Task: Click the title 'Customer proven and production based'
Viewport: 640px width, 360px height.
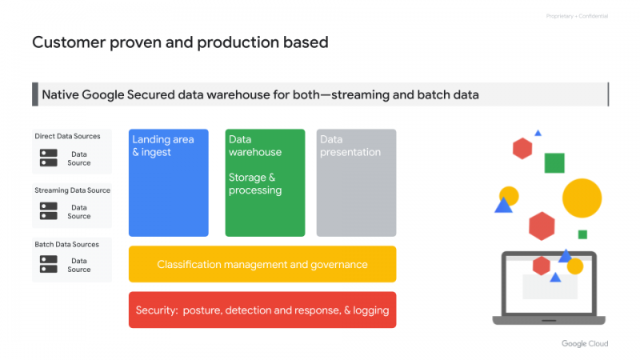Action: coord(180,42)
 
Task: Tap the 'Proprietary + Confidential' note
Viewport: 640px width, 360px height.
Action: coord(577,16)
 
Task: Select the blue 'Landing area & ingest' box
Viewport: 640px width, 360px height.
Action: coord(169,182)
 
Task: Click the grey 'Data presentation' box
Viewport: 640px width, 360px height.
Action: coord(356,182)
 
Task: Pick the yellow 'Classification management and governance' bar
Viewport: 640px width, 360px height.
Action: coord(262,264)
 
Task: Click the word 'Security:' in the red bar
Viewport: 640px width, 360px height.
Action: coord(157,310)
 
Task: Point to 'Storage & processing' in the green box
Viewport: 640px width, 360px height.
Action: coord(255,184)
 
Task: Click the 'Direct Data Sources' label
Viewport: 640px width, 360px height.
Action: coord(68,136)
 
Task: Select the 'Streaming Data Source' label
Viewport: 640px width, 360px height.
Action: coord(72,190)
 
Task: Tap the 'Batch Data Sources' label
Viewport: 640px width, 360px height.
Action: coord(67,244)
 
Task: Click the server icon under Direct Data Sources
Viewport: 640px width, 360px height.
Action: coord(49,158)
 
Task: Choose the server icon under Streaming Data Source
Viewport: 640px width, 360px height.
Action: coord(49,211)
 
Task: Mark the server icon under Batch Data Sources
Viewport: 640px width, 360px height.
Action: coord(49,264)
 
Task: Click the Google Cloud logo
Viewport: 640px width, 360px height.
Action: coord(584,343)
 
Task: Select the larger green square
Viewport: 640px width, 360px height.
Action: coord(554,163)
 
